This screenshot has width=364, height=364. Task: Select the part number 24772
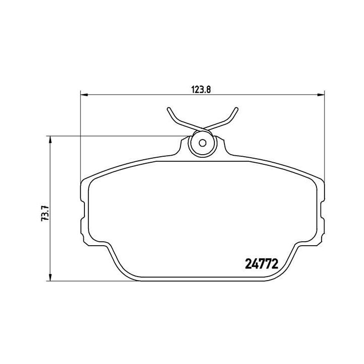[x=261, y=263]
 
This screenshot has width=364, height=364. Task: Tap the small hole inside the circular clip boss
[x=202, y=142]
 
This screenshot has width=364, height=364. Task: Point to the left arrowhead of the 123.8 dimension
[x=84, y=95]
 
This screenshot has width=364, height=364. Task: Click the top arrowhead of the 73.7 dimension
[x=50, y=139]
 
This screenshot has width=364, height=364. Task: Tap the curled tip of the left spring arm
[x=168, y=109]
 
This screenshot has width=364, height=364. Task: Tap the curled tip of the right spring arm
[x=236, y=109]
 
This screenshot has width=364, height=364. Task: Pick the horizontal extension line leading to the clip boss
[x=116, y=135]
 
